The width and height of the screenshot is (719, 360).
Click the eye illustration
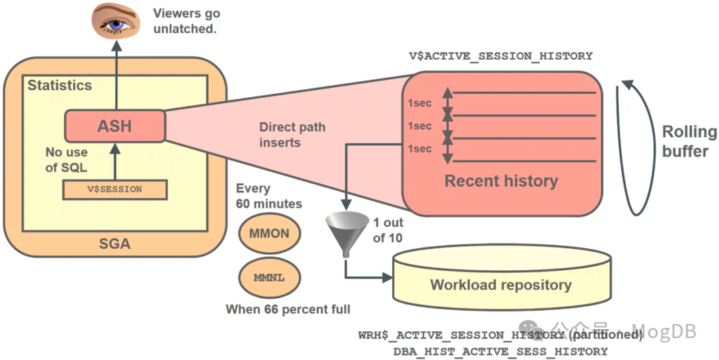(x=115, y=20)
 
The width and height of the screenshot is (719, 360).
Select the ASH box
(x=115, y=126)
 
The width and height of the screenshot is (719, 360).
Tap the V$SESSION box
(x=115, y=190)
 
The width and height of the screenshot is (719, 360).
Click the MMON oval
(x=269, y=234)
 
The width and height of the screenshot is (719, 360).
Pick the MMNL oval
(x=269, y=277)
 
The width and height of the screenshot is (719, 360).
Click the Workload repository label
(x=501, y=285)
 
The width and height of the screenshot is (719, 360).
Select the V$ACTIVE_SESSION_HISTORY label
(x=501, y=56)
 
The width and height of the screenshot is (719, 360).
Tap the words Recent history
(x=501, y=181)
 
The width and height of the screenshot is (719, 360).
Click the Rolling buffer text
(x=689, y=141)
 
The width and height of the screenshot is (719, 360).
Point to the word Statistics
(x=60, y=85)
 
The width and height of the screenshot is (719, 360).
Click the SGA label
(x=115, y=244)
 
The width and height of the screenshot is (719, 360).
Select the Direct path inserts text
(x=292, y=135)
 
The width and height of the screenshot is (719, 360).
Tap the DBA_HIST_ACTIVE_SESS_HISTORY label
(x=501, y=352)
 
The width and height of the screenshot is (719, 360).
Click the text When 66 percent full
(x=288, y=309)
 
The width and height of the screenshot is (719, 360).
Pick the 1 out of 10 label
(x=388, y=230)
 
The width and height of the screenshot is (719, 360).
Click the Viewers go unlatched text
(x=186, y=21)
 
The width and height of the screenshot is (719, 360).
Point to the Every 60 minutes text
(x=269, y=196)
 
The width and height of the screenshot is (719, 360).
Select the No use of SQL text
(x=67, y=160)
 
